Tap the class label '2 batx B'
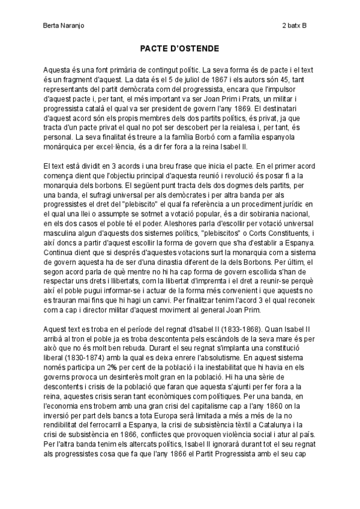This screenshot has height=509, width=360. click(x=294, y=26)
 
